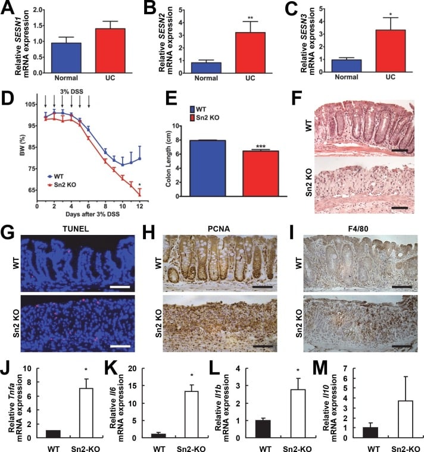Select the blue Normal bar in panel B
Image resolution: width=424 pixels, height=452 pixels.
205,65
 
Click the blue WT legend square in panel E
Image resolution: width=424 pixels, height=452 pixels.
194,109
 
